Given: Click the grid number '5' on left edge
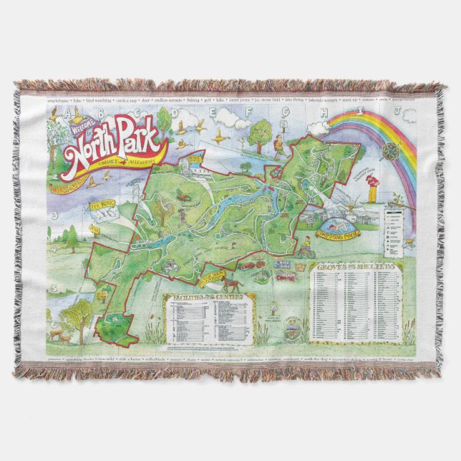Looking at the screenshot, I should click(x=52, y=288).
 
